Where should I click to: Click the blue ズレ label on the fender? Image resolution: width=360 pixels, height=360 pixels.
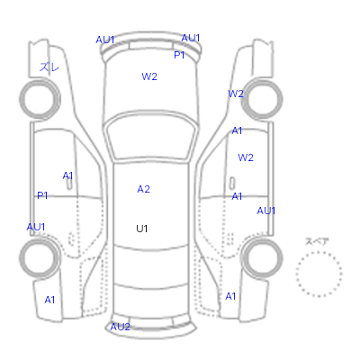tap(49, 67)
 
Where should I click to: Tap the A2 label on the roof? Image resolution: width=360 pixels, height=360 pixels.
tap(143, 189)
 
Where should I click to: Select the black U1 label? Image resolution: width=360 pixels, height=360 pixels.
tap(142, 229)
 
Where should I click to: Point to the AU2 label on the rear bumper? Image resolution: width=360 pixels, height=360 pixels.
tap(120, 327)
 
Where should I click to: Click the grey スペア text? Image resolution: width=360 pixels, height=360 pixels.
tap(317, 241)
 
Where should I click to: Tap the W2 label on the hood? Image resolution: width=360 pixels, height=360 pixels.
tap(149, 76)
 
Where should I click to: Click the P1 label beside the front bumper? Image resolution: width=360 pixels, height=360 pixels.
tap(179, 55)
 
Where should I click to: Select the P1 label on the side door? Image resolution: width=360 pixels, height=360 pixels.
tap(42, 195)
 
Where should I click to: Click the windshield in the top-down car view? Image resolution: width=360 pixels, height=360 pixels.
tap(152, 139)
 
